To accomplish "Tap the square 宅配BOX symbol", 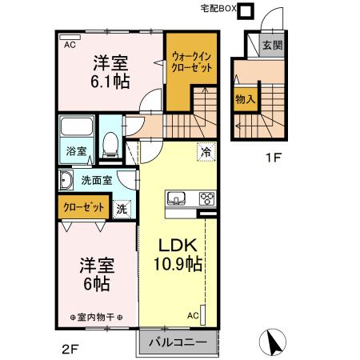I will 246,11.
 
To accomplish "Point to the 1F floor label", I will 274,157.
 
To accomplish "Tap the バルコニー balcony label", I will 178,343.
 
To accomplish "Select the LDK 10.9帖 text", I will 178,255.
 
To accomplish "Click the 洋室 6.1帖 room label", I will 110,70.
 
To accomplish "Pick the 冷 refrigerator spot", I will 206,150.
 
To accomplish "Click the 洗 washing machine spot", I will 122,208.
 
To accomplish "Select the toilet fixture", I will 111,144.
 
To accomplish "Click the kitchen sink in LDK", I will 176,198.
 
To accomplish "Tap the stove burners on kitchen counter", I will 206,198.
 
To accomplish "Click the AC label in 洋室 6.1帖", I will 70,45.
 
